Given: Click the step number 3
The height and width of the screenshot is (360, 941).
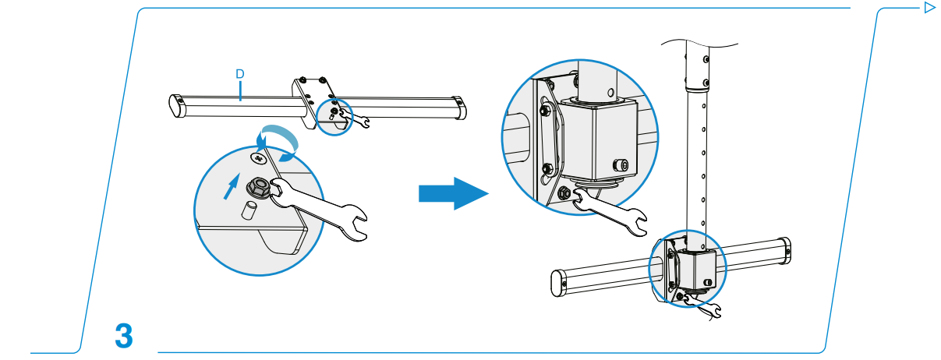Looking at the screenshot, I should [x=123, y=336].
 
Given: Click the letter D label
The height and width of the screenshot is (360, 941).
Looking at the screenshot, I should [x=241, y=73].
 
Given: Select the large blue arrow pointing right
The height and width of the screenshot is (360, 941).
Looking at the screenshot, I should [x=452, y=192].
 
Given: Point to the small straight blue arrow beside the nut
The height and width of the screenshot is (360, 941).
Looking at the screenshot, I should [x=232, y=188].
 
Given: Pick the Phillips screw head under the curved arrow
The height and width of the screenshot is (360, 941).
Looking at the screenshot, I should [x=258, y=157].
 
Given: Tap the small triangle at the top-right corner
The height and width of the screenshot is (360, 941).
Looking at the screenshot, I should [x=929, y=8].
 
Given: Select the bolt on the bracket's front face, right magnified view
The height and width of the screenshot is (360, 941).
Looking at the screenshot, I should [x=622, y=164].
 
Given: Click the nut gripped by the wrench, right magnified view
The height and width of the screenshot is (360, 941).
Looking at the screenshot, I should [x=564, y=192].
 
